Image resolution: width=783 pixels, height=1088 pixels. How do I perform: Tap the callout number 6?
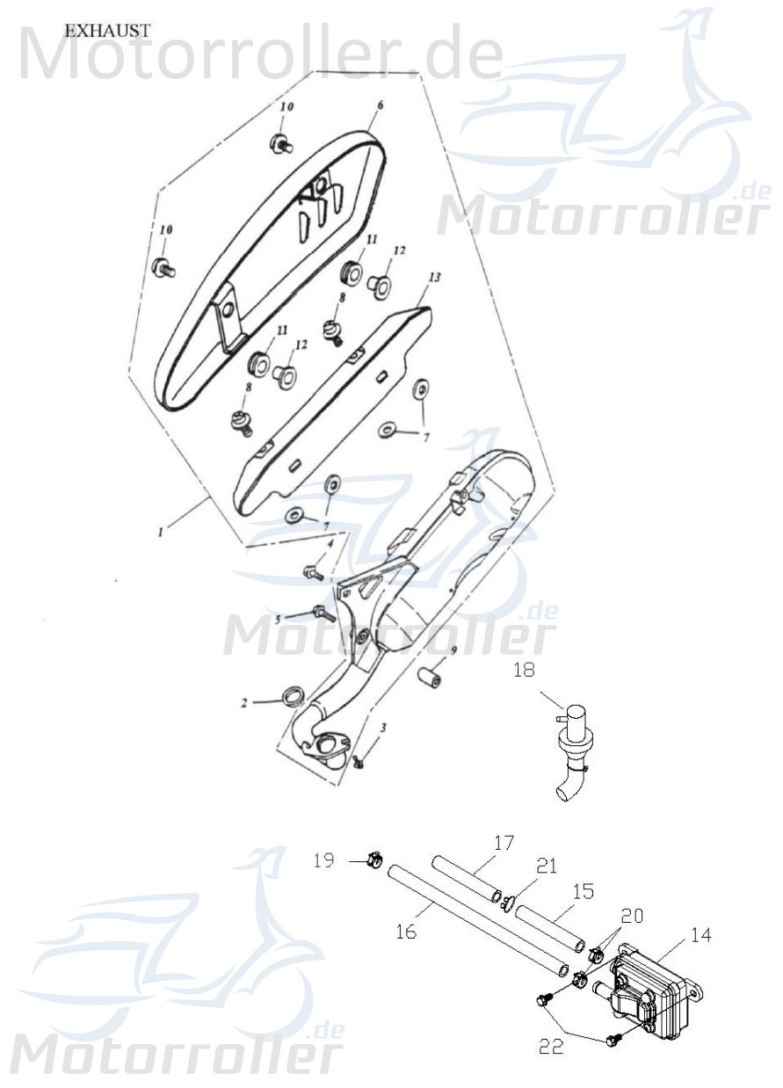tap(381, 105)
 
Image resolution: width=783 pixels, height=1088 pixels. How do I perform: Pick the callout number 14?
tap(700, 936)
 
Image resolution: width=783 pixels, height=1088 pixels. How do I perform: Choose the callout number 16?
tap(405, 932)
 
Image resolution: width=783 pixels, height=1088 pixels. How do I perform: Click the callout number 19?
tap(324, 860)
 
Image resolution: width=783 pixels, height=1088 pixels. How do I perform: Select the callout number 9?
tap(453, 651)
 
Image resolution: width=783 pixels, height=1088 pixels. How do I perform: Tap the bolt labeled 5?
tap(321, 613)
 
